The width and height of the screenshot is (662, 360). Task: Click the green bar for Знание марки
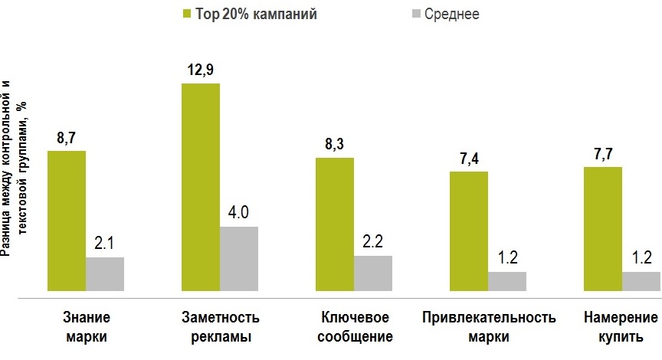tap(67, 221)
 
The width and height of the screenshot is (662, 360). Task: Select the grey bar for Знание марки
tap(105, 274)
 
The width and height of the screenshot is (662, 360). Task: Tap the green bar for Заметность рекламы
tap(201, 188)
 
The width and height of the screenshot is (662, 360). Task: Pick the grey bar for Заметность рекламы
tap(239, 259)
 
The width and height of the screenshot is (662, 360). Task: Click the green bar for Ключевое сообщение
tap(335, 224)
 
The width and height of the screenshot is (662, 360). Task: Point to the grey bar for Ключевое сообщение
tap(373, 273)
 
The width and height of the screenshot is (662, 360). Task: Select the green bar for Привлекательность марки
tap(469, 231)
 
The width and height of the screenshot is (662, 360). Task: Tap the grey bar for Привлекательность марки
tap(507, 281)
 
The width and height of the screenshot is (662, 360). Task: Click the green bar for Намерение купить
tap(603, 229)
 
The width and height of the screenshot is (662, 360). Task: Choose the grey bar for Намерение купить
tap(641, 281)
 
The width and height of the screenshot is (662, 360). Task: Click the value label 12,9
tap(201, 70)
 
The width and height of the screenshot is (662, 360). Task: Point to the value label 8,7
tap(67, 139)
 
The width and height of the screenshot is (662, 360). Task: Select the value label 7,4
tap(468, 159)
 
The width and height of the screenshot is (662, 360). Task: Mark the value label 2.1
tap(105, 244)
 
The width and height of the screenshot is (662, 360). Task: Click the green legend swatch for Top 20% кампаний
tap(187, 14)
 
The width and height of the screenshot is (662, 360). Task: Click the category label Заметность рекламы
tap(221, 326)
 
